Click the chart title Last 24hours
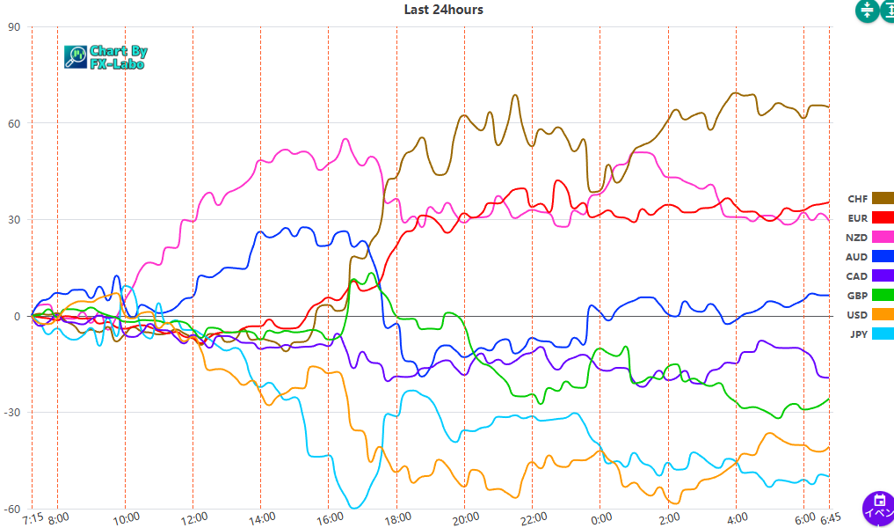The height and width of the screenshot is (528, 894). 443,10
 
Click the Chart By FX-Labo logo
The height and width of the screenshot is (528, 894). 106,57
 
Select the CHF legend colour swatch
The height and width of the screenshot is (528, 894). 882,199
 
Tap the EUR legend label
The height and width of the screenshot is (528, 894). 857,218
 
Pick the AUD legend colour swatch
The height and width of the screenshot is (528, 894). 882,257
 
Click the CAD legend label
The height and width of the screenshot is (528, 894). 856,276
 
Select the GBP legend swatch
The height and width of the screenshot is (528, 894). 882,296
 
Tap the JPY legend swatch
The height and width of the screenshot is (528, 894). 882,334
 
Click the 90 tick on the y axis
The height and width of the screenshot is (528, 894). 14,26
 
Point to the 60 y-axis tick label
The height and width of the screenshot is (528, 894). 14,123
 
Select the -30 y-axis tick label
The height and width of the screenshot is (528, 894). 12,413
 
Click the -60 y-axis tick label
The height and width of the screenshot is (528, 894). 12,510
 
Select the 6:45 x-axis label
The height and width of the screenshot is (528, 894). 829,518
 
